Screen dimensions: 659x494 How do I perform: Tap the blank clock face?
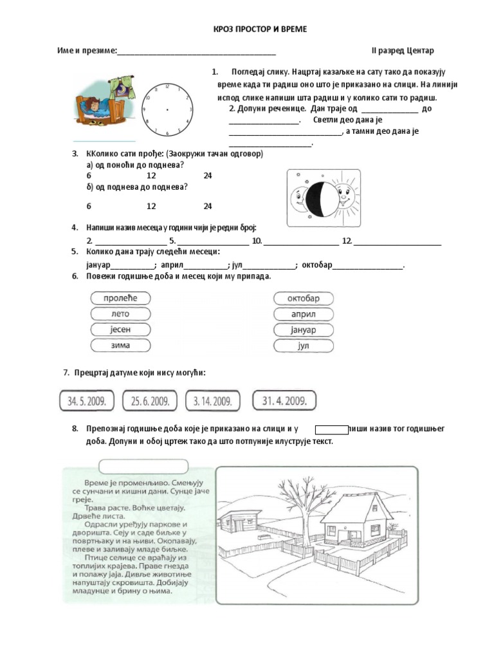[167, 110]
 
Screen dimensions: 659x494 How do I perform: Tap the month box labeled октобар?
[304, 299]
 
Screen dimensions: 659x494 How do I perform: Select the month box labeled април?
[304, 315]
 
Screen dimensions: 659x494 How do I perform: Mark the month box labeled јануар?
[304, 330]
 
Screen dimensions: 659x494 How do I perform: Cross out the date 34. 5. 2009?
[86, 402]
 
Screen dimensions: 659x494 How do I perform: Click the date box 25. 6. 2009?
[150, 402]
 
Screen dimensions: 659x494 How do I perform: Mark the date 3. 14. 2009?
[212, 402]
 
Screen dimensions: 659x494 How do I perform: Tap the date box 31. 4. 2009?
[284, 401]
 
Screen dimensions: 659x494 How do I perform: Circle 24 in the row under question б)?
[207, 207]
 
